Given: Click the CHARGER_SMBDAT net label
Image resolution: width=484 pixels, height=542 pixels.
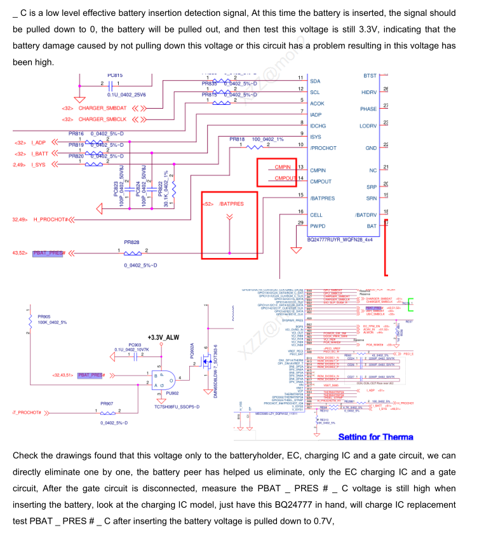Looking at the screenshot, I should tap(102, 108).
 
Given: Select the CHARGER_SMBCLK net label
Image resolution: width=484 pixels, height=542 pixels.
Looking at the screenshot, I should tap(102, 119).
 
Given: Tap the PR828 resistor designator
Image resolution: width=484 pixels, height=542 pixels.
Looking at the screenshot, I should tap(131, 242).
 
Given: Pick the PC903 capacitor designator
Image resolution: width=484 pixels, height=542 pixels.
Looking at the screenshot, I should tap(135, 345).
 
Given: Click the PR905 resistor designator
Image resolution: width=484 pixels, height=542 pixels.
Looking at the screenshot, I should tap(44, 316).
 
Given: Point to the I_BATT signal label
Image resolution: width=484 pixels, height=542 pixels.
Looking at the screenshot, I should tap(39, 154).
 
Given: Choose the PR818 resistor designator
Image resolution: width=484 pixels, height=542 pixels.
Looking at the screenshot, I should tap(236, 139).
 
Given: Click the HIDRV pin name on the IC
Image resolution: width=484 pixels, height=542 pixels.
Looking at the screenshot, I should tap(369, 92).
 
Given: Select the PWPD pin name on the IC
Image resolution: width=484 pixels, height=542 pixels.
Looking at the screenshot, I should tap(318, 226).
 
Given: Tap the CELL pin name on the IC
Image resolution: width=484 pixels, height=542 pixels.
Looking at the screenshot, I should tap(316, 215).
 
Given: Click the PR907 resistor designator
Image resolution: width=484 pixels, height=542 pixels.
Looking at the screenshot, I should tap(107, 403).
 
